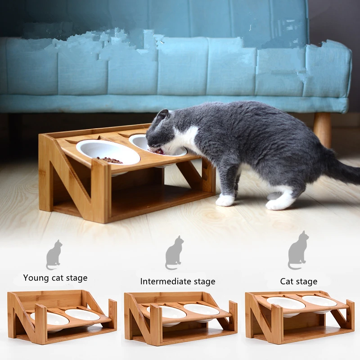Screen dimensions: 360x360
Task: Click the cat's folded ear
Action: click(162, 115)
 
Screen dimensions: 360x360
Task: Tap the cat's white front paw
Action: click(225, 200)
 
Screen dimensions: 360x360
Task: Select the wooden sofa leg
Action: click(322, 130)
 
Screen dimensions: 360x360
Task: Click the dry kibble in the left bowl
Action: click(109, 160)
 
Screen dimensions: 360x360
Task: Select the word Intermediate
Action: click(166, 281)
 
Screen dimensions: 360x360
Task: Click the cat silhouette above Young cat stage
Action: click(54, 255)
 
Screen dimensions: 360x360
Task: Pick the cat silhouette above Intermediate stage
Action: click(174, 252)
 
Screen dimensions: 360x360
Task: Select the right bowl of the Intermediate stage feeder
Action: click(201, 310)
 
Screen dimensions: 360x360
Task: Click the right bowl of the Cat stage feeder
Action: click(319, 301)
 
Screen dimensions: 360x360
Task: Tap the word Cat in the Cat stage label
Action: click(286, 281)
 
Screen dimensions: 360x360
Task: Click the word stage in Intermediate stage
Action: click(204, 282)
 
